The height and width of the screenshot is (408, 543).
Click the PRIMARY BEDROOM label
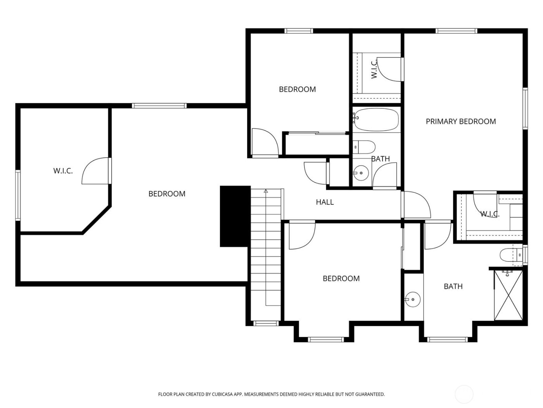tap(460, 121)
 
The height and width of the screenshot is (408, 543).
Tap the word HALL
tap(325, 202)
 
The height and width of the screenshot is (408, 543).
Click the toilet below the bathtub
tap(365, 147)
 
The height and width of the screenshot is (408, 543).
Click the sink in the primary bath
tap(413, 299)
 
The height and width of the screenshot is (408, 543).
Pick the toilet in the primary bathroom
tap(508, 255)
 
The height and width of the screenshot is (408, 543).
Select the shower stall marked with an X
tap(508, 295)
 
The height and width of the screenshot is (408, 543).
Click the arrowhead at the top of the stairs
tap(266, 191)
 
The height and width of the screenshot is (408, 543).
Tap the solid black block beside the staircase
tap(235, 216)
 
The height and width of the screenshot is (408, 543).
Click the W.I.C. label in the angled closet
tap(63, 171)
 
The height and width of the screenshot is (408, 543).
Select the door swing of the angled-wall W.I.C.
tap(95, 171)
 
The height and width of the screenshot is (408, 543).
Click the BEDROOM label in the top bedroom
tap(297, 89)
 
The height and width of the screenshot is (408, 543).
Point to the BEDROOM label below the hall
tap(341, 279)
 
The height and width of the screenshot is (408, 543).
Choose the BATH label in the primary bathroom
tap(453, 286)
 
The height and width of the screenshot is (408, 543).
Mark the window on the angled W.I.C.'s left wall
tap(18, 195)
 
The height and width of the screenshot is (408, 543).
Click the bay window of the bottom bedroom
tap(326, 340)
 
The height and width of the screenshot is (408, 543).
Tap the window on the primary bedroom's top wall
tap(456, 31)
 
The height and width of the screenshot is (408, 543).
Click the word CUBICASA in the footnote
tap(222, 394)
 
